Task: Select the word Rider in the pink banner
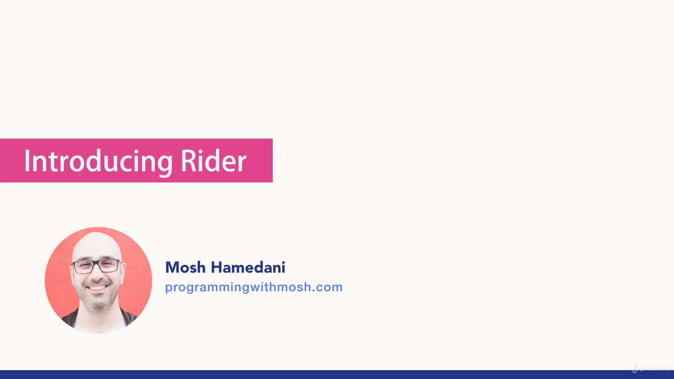213,161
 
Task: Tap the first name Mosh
186,267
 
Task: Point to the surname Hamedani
248,267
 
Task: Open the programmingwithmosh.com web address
253,287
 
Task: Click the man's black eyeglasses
96,266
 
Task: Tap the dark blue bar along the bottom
337,374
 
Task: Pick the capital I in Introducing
27,161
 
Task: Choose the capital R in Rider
189,161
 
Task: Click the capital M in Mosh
172,267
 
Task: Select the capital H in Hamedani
216,267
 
